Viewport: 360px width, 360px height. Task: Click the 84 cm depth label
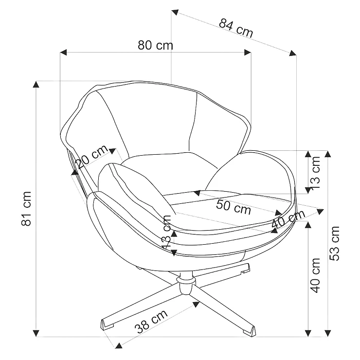coord(236,28)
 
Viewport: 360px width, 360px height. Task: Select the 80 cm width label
coord(155,45)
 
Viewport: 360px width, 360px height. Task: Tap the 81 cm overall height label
coord(26,209)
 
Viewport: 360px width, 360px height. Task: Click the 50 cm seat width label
coord(233,207)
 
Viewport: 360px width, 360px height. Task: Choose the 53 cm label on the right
coord(334,243)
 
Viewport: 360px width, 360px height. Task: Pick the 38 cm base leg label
coord(151,322)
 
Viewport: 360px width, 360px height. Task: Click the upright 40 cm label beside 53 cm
coord(316,275)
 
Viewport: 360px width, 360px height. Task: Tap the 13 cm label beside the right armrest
coord(316,173)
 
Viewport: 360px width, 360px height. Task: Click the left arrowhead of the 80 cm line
coord(63,52)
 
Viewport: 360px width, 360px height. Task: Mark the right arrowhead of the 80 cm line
coord(248,52)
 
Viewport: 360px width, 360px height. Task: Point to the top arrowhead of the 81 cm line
coord(36,84)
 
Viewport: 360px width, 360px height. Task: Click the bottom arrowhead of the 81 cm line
coord(36,333)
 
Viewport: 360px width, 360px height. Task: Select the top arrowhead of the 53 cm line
coord(327,154)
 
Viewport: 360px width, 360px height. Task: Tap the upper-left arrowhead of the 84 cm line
coord(175,12)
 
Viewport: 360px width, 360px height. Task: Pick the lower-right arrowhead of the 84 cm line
coord(293,53)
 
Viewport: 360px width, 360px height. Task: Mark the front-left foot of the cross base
coord(108,324)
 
